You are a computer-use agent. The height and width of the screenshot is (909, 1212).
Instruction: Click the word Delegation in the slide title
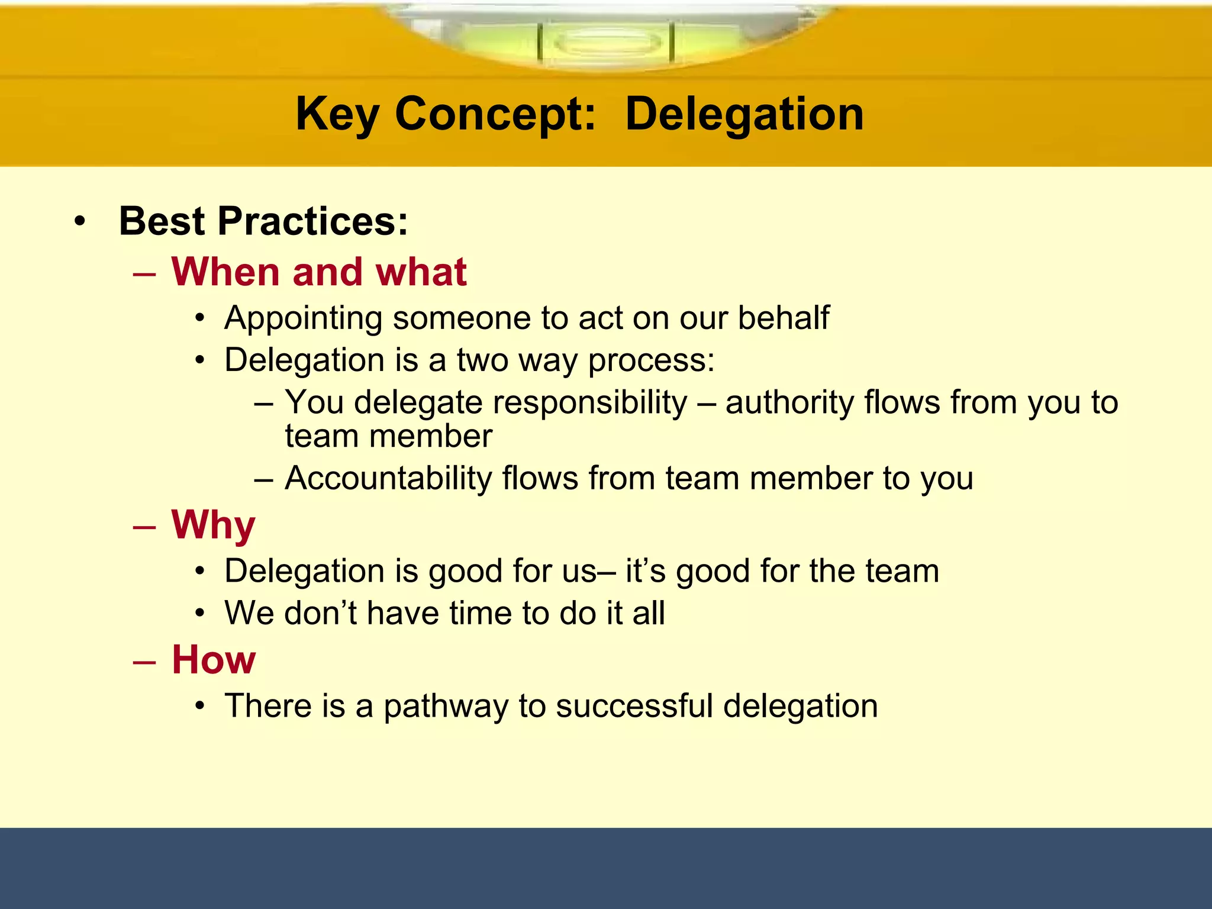click(x=744, y=114)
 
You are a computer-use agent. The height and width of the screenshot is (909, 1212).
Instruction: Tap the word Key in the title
click(x=337, y=114)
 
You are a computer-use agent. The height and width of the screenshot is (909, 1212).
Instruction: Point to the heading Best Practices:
click(x=263, y=221)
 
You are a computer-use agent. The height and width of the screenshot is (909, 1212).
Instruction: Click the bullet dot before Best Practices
click(x=80, y=223)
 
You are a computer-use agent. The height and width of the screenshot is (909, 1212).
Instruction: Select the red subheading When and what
click(x=319, y=272)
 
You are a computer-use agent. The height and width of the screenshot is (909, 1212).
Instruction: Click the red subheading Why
click(x=213, y=526)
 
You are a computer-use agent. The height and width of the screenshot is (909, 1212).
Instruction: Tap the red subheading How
click(x=214, y=660)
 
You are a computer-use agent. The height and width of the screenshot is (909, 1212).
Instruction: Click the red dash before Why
click(x=144, y=527)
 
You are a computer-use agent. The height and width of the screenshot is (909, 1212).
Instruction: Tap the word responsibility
click(x=590, y=402)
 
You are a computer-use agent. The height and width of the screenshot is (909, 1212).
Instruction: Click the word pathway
click(x=446, y=707)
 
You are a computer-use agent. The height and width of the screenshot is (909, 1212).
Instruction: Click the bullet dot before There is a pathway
click(x=201, y=707)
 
